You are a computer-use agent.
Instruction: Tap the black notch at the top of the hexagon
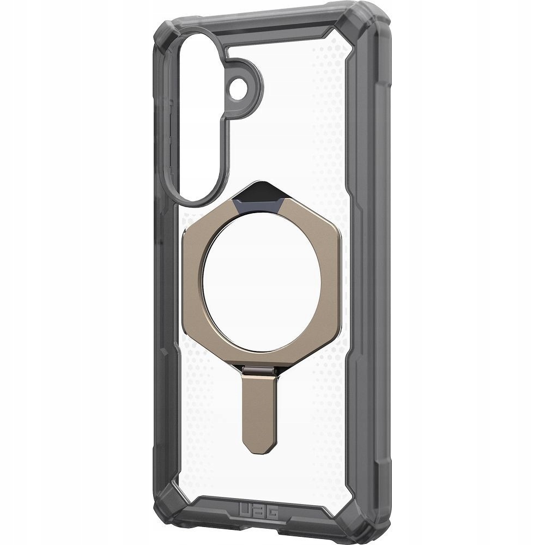[x=258, y=202]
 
